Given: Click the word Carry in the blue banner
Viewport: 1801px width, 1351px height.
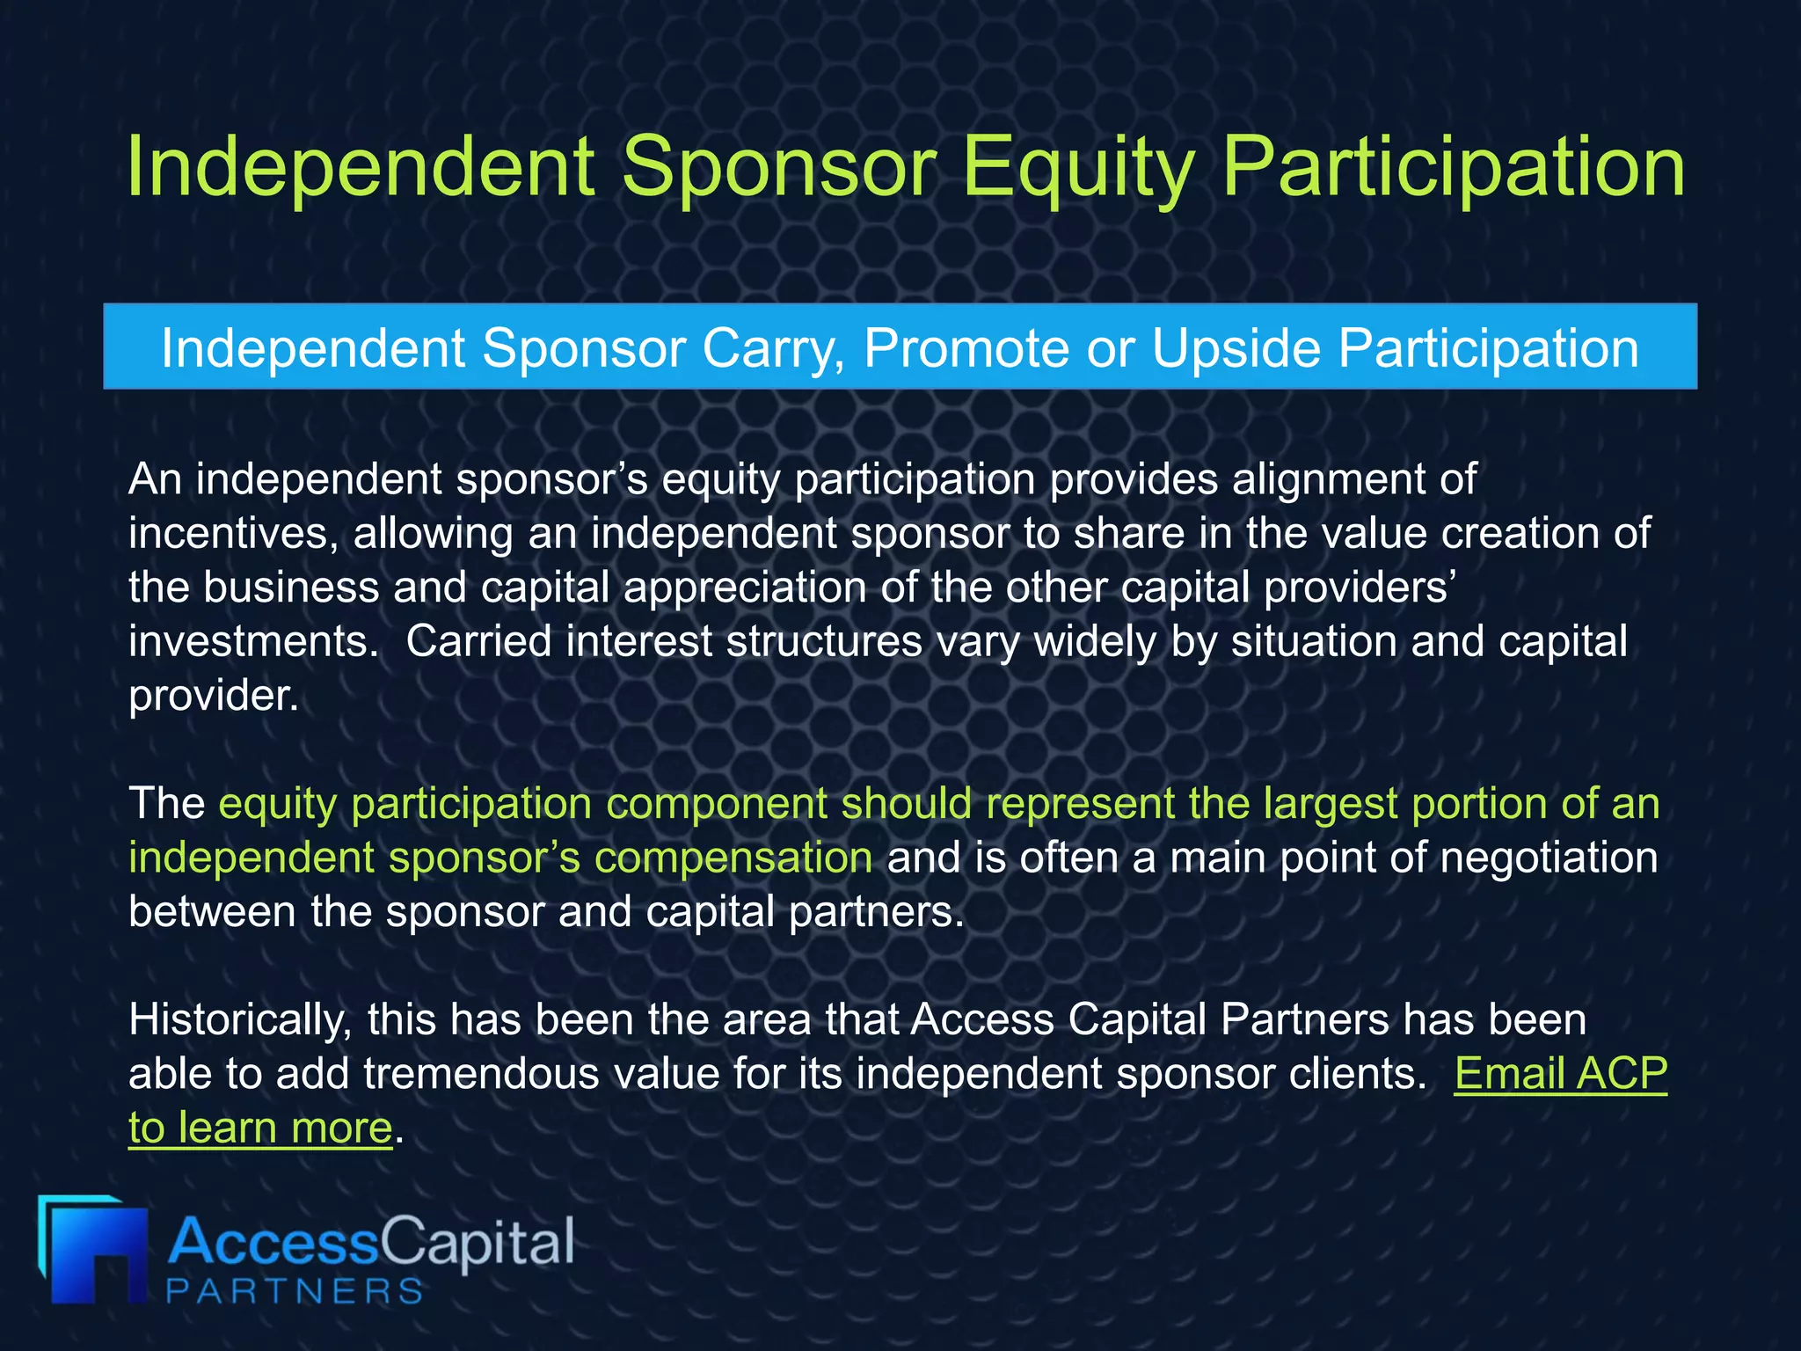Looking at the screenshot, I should click(775, 348).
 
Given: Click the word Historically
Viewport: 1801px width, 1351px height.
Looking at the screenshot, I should click(239, 1020).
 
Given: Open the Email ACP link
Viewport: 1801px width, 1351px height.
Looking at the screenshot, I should click(1560, 1074).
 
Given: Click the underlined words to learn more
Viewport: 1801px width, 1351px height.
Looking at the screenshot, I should click(260, 1128).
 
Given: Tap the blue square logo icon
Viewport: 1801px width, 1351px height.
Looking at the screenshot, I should click(91, 1250).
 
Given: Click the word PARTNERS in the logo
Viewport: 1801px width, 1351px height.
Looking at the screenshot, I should click(295, 1291).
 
